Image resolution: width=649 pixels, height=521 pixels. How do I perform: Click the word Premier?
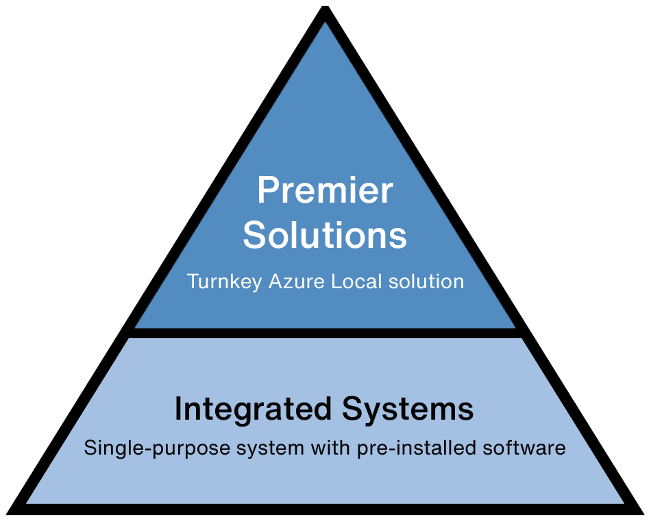(x=325, y=190)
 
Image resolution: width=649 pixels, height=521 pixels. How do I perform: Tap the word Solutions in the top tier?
(x=325, y=235)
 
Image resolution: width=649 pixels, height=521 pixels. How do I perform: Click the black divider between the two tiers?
(x=325, y=333)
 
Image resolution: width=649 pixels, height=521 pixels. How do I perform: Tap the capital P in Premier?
(x=266, y=190)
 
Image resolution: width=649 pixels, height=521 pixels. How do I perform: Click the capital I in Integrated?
(x=178, y=409)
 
